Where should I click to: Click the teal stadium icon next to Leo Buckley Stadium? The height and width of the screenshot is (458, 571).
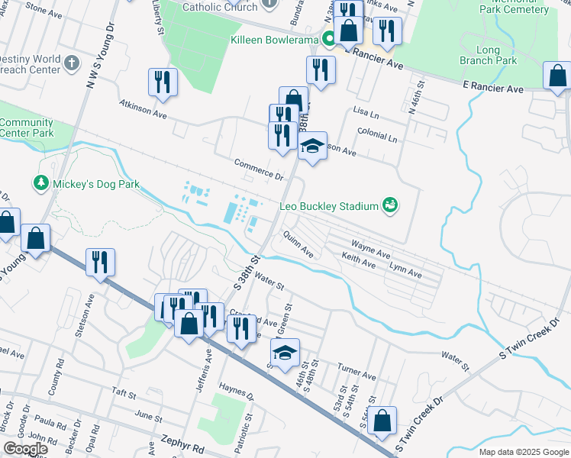point(390,205)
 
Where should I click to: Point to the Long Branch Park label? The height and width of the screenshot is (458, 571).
point(492,55)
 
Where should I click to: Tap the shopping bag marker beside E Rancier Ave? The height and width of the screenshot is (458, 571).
point(558,76)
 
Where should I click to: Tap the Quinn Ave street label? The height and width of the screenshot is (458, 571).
point(298,244)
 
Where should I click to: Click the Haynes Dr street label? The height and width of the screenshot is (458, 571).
point(237,392)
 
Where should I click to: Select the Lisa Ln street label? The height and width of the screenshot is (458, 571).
point(366,113)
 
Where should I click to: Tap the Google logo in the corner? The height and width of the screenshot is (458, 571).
point(24,449)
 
